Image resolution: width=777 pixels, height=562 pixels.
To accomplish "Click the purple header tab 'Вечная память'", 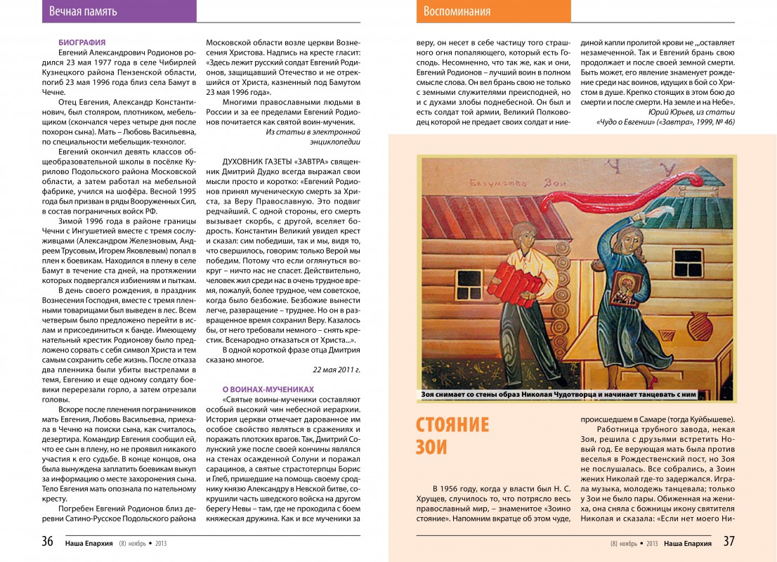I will click(84, 11).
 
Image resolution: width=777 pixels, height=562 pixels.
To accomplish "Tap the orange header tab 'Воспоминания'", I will click(457, 11).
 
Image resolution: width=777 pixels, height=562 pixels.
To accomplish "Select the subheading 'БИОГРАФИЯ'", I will click(82, 43).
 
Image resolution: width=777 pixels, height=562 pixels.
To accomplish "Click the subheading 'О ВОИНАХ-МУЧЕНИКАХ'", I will click(268, 388).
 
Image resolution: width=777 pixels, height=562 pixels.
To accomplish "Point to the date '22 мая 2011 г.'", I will click(336, 370).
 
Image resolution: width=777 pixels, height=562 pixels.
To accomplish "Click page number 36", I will click(47, 542).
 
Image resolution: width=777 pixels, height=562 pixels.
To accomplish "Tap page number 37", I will click(729, 542).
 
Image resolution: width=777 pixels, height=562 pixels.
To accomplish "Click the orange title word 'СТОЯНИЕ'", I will click(452, 426).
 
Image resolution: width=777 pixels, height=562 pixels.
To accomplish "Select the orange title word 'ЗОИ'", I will click(431, 447).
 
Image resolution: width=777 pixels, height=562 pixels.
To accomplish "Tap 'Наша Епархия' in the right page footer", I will click(687, 542).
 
